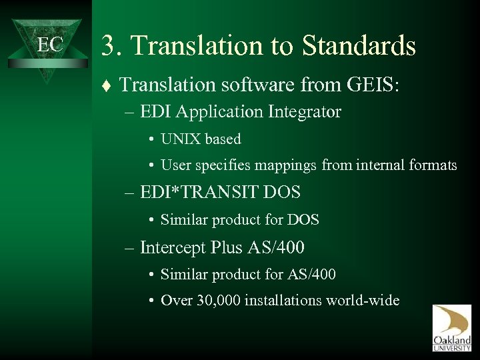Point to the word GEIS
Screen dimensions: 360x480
(370, 84)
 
